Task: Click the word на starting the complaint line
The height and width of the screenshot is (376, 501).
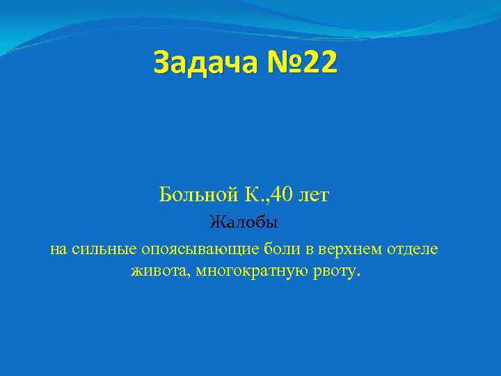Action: [58, 249]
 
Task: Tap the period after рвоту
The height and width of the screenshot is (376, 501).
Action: [360, 274]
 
